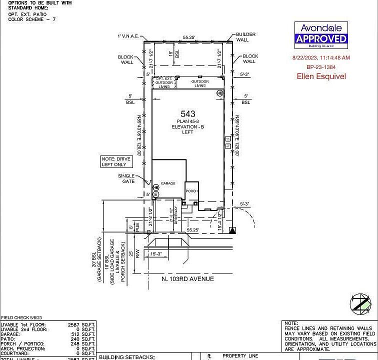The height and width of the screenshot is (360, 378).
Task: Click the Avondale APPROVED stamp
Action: tap(320, 34)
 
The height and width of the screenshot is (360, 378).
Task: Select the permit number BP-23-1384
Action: tap(320, 67)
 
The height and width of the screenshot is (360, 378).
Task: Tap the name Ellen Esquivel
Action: tap(321, 76)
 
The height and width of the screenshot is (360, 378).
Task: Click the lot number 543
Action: tap(188, 114)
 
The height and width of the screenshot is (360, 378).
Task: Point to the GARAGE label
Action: tap(168, 183)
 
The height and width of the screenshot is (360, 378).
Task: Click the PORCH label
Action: tap(191, 191)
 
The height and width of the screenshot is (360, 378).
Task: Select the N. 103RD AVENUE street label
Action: tap(188, 278)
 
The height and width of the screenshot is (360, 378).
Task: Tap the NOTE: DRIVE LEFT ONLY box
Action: tap(116, 161)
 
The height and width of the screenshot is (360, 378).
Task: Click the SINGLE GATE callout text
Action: tap(126, 178)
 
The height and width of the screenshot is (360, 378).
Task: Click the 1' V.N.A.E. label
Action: tap(128, 36)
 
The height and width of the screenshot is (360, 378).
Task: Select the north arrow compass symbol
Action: tap(361, 304)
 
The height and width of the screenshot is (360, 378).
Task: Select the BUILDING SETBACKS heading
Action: tap(127, 357)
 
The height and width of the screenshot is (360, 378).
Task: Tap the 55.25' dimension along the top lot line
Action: tap(188, 37)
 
